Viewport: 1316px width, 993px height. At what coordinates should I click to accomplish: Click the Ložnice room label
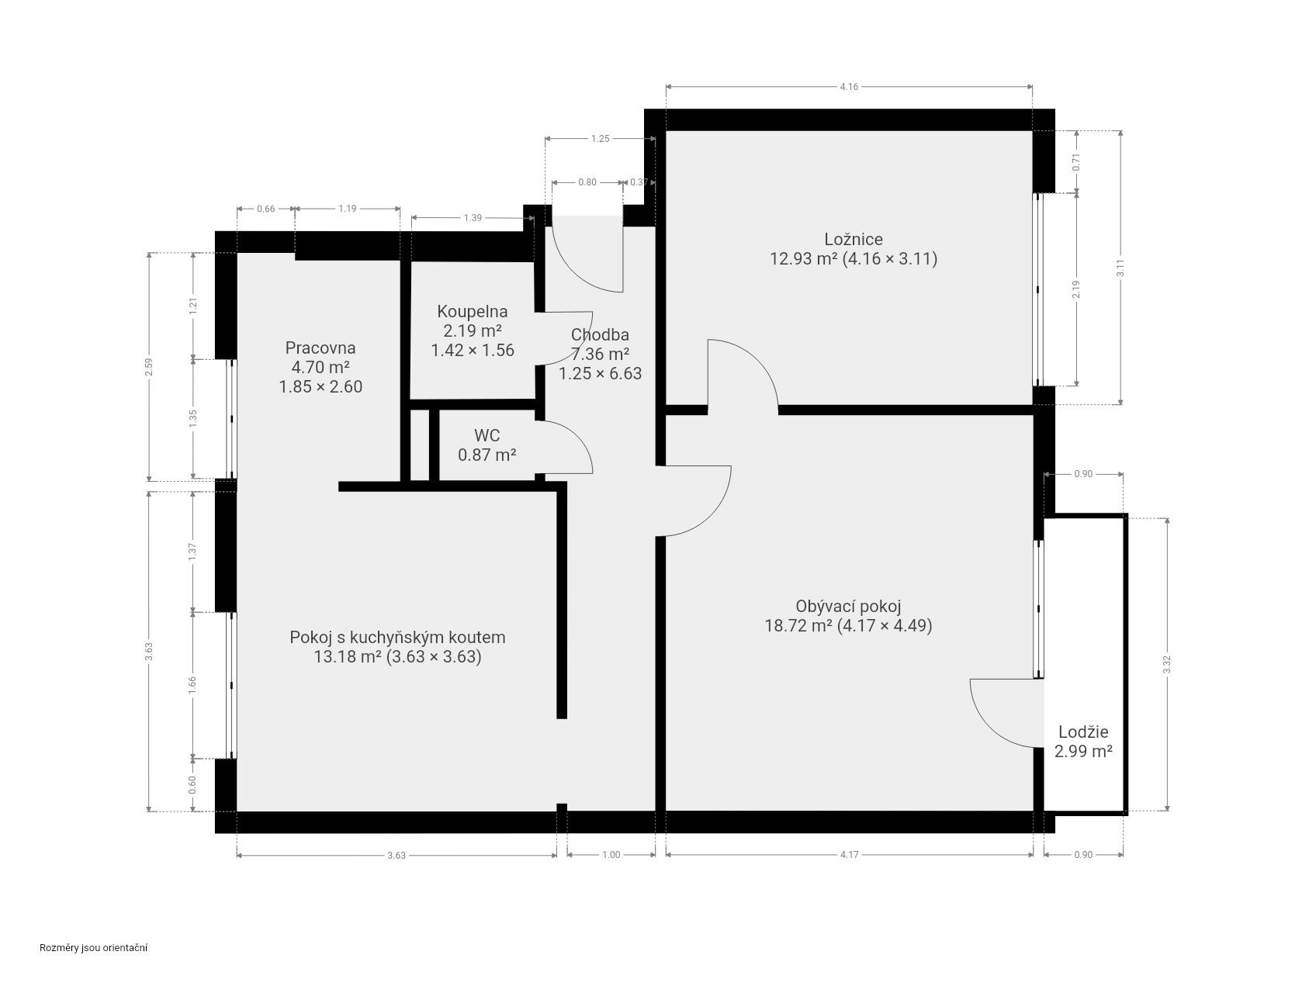point(853,239)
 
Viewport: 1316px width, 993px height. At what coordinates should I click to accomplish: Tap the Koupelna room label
point(473,311)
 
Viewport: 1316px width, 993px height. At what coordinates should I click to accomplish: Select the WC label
point(487,435)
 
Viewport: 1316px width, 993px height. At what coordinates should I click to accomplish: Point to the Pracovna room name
point(320,348)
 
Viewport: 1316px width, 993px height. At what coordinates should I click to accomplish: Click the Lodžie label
point(1083,732)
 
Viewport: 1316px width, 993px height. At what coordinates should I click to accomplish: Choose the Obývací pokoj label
point(848,606)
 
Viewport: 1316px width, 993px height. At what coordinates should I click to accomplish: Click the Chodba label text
point(600,334)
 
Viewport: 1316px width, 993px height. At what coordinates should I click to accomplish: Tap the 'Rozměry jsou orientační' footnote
point(94,947)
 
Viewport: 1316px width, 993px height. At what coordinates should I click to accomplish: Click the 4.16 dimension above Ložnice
point(849,87)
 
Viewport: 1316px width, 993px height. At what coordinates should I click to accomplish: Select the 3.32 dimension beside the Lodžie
point(1167,665)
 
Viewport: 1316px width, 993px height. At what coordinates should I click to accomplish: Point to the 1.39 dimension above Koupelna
point(473,217)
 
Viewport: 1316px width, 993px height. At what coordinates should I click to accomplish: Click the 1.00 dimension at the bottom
point(611,855)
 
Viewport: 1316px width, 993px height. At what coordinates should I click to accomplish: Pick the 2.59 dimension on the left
point(149,366)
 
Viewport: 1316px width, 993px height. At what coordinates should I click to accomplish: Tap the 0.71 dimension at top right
point(1076,161)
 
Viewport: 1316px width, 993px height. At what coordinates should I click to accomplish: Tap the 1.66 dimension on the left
point(192,685)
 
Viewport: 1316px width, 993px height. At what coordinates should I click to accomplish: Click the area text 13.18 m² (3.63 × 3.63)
point(397,656)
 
